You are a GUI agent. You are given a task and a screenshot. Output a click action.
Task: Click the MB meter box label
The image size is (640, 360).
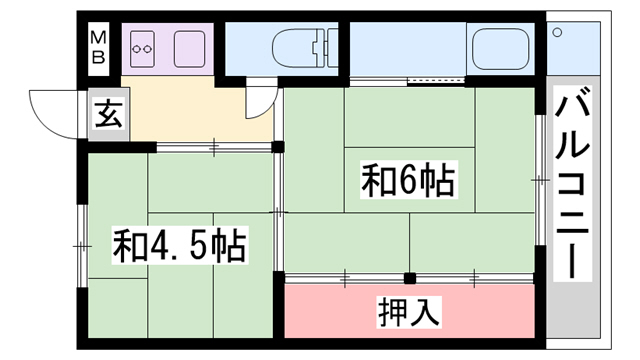[99, 46]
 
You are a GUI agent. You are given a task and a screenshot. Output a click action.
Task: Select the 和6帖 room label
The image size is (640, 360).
[408, 181]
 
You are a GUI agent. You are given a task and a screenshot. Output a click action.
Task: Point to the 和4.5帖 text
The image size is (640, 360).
[179, 244]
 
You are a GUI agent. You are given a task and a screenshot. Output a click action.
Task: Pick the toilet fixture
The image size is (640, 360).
[299, 47]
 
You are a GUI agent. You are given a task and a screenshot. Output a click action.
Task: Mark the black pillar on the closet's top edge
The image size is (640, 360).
[408, 277]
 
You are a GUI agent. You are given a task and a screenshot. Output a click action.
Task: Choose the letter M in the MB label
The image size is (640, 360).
[99, 37]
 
